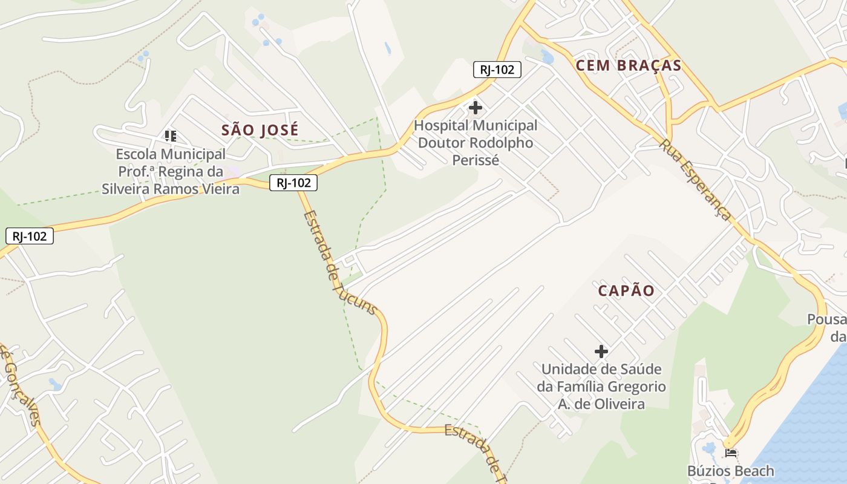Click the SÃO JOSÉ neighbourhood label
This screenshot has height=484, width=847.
[260, 130]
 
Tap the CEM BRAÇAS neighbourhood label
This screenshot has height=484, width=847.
[629, 66]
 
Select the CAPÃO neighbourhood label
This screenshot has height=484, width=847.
[626, 291]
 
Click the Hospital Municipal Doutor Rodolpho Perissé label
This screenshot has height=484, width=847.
[476, 143]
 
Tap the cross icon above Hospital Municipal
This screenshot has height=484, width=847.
[476, 108]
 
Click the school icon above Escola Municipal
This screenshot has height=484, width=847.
[171, 136]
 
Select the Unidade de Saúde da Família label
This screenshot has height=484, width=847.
[601, 387]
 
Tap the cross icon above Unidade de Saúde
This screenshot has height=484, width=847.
[601, 352]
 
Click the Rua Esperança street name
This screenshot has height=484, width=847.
[695, 180]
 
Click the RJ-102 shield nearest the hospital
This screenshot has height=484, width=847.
[497, 70]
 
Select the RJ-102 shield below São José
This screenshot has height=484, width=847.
[293, 183]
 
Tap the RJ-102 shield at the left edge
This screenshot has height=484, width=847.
[30, 236]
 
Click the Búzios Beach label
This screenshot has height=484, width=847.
[730, 471]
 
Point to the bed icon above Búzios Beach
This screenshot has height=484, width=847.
[731, 453]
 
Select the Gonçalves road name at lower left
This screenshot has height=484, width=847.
[21, 387]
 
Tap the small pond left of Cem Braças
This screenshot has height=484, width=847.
[548, 58]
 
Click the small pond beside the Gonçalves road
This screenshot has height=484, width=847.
[55, 384]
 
